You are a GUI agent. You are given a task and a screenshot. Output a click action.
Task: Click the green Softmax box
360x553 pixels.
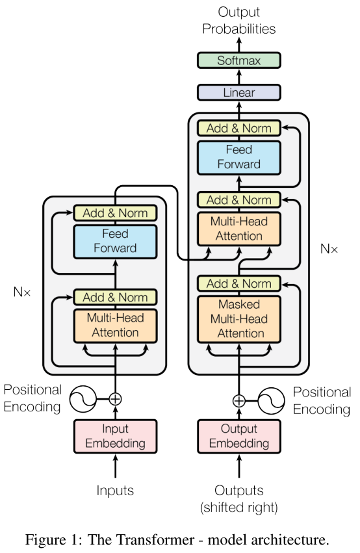pos(238,61)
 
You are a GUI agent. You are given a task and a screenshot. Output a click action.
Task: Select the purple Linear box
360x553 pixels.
pos(238,93)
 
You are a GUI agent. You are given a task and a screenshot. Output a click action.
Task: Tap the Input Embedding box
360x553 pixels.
pos(116,437)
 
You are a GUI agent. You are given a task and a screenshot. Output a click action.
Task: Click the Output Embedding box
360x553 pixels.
pos(238,437)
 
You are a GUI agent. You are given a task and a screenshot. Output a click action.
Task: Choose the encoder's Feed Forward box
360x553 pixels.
pos(116,240)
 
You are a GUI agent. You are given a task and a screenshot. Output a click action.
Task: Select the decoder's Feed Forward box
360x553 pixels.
pos(238,157)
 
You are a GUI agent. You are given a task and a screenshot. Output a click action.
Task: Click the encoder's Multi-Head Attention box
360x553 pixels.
pos(116,326)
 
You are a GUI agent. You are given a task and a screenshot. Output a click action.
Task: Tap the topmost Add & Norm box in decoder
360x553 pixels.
pos(238,128)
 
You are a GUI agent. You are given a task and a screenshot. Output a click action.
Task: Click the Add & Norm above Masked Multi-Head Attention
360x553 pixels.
pos(238,284)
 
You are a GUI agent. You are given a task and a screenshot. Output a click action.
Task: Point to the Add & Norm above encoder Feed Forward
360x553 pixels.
pos(116,212)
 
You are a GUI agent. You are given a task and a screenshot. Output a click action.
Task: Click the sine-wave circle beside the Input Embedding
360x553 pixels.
pos(83,399)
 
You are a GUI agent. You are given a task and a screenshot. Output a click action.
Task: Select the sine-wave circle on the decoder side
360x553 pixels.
pos(272,400)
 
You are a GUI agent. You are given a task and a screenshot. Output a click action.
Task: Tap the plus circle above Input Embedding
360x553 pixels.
pos(116,399)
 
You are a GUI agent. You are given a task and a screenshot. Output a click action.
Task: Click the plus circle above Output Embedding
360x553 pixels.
pos(238,400)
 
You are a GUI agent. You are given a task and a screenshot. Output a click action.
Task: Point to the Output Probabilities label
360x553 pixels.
pos(238,20)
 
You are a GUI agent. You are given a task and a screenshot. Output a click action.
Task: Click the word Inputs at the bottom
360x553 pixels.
pos(116,491)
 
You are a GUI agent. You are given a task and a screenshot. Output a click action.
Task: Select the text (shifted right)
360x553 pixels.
pos(238,506)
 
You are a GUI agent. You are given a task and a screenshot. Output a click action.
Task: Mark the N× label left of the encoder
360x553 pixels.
pos(22,292)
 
